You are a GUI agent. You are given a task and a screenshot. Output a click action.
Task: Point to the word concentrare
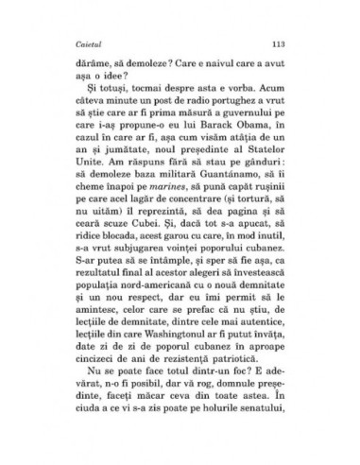click(x=199, y=232)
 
